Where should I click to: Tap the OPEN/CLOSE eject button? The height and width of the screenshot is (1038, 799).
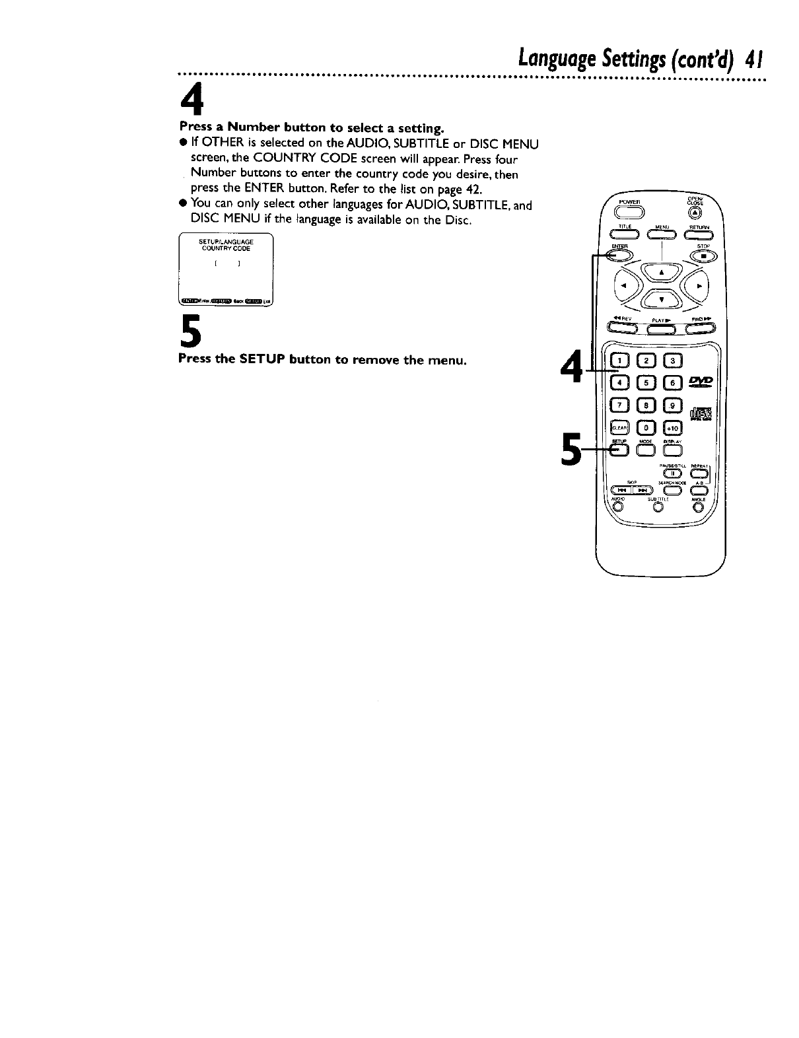click(693, 212)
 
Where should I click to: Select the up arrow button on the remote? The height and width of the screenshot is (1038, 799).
click(660, 271)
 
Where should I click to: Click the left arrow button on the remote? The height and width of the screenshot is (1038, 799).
click(623, 286)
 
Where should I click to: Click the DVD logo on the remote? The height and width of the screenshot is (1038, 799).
click(699, 382)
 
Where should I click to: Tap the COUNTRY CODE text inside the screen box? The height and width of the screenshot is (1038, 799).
click(226, 249)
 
